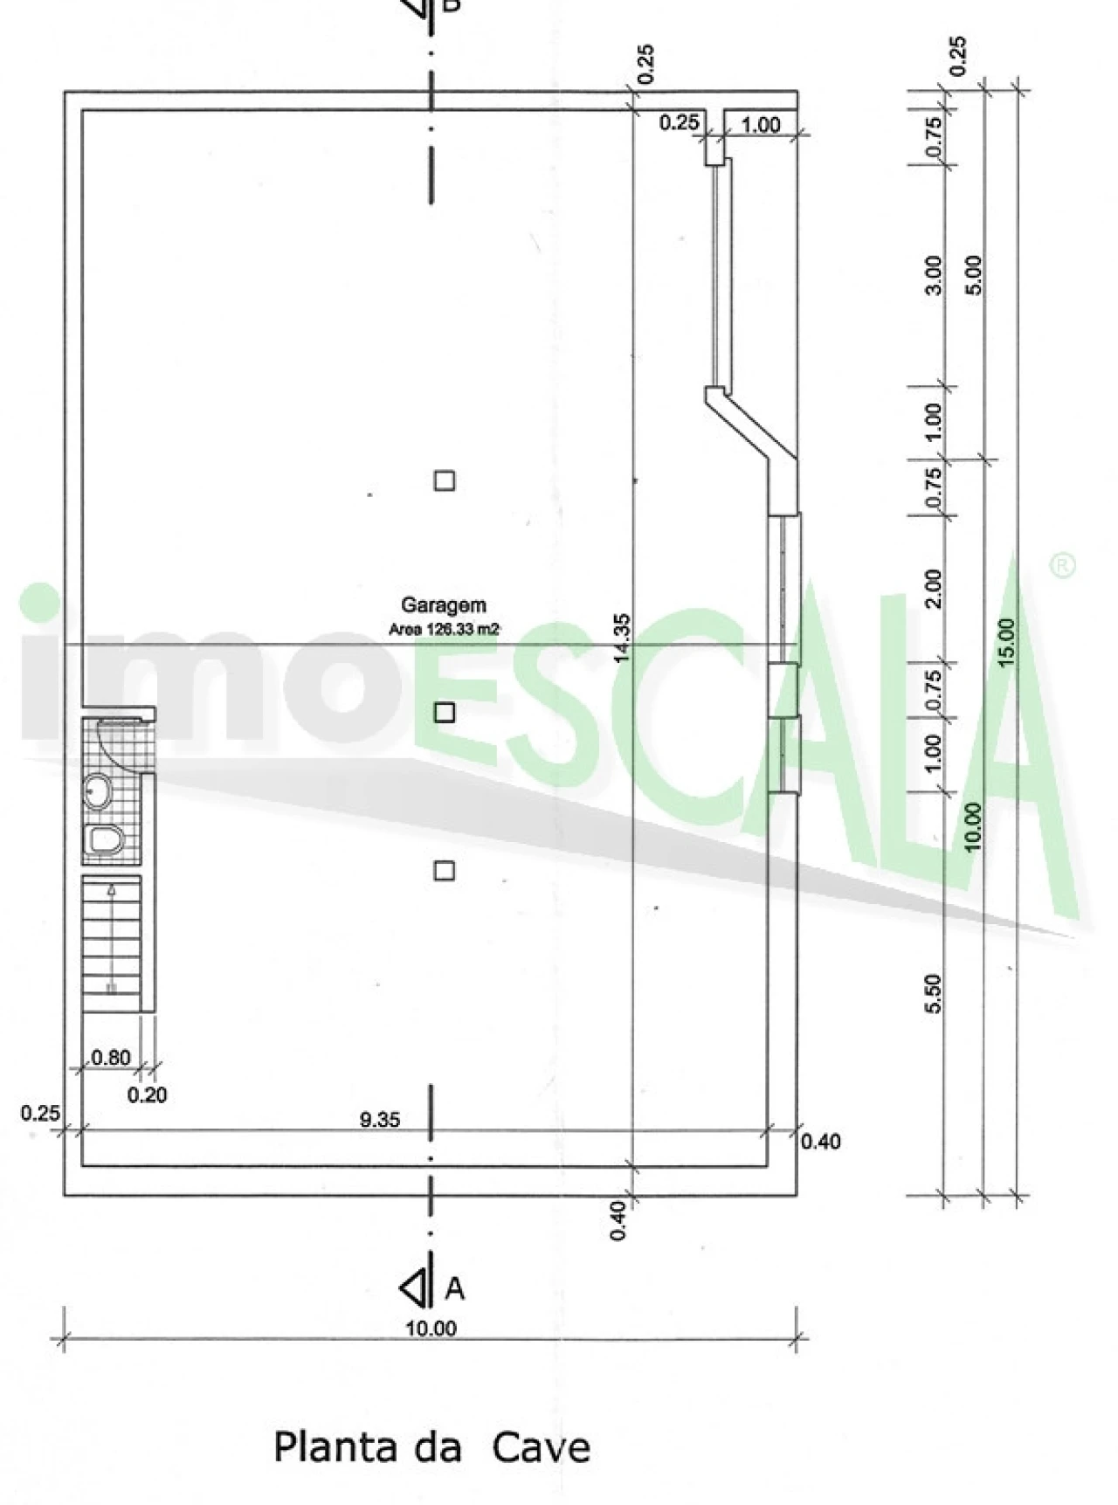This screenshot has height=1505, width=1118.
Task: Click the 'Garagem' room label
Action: [x=443, y=604]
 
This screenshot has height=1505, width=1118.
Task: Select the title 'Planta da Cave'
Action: [x=431, y=1447]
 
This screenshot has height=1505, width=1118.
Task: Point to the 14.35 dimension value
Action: [x=622, y=638]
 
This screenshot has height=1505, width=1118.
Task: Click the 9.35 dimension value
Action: [x=380, y=1119]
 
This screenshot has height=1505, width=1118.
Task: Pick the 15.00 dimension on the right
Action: [x=1006, y=642]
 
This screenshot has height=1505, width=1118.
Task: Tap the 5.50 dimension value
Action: [x=933, y=994]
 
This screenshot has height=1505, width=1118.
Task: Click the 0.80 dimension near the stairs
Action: [x=111, y=1058]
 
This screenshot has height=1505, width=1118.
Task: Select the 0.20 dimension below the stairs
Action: [x=147, y=1094]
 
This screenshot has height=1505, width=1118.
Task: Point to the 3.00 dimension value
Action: [x=933, y=275]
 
